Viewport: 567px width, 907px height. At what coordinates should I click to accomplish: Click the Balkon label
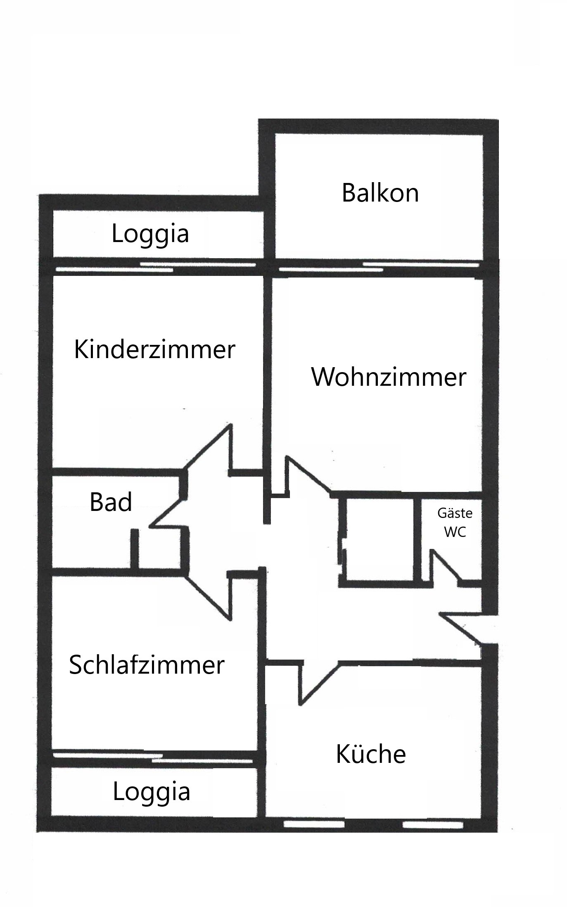coord(380,193)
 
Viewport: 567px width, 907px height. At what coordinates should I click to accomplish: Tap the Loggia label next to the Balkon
coord(150,234)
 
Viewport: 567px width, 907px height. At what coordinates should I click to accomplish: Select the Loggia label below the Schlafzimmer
coord(152,792)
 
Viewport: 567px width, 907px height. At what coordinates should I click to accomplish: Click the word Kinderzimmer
coord(154,349)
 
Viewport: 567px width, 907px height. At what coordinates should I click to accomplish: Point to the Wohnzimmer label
coord(389,377)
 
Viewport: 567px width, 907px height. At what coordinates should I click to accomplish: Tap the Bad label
coord(111,502)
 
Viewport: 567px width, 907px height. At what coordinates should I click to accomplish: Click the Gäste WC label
coord(455,523)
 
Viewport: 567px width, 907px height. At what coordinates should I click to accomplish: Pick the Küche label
coord(371,754)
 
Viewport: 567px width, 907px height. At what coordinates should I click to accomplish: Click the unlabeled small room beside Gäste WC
coord(380,539)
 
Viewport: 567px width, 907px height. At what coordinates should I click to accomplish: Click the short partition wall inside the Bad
coord(134,549)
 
